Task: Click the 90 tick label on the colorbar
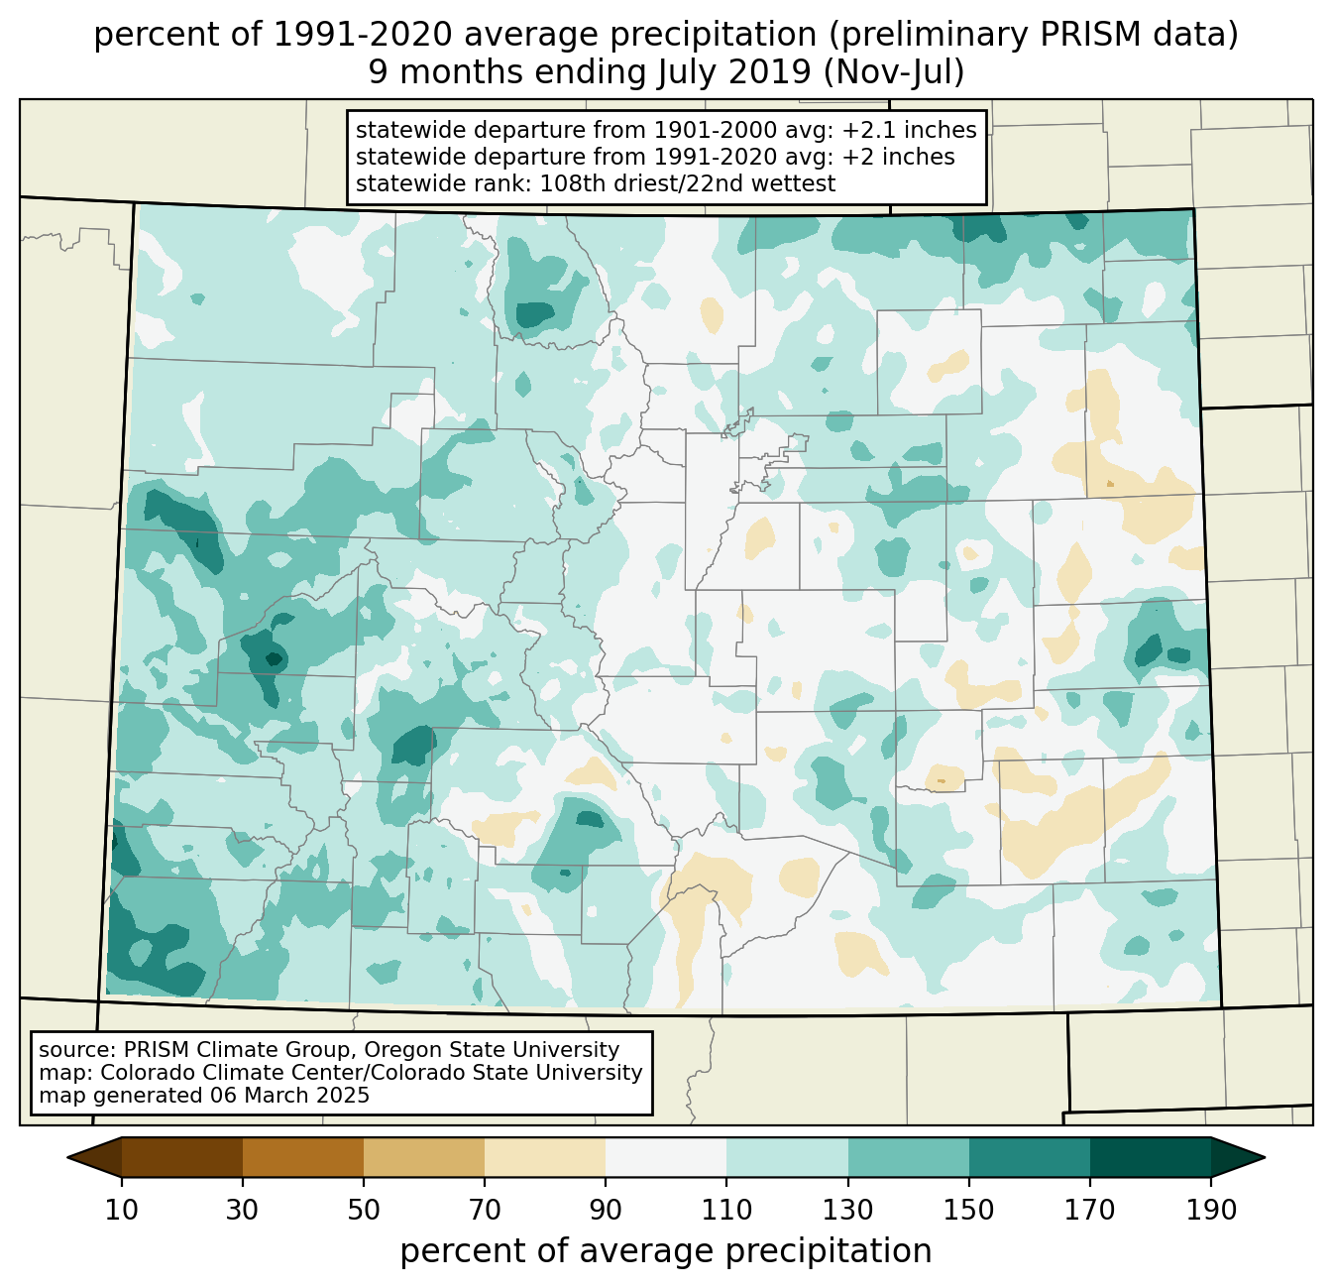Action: (606, 1211)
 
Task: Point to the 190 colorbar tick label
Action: (1210, 1211)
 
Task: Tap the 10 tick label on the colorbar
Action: (122, 1211)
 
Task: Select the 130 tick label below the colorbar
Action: (847, 1211)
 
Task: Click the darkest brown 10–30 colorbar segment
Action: (182, 1156)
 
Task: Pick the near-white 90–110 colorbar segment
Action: (666, 1156)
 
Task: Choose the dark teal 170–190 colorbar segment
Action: (1150, 1156)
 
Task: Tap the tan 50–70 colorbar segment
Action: (424, 1156)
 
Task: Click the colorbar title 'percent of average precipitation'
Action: (666, 1251)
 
